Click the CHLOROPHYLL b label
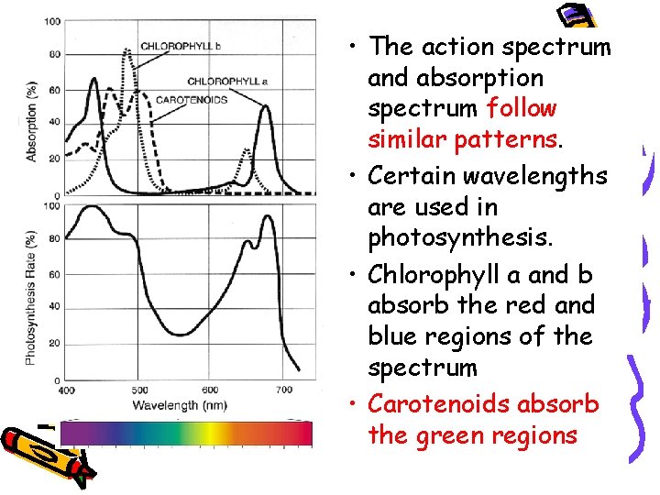181,46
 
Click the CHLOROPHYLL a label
227,82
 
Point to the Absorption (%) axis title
31,121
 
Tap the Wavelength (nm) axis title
181,404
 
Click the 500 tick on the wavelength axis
139,390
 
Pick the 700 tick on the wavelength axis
283,390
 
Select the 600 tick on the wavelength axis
210,390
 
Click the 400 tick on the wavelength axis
67,390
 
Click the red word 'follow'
521,108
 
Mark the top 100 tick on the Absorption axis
52,21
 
